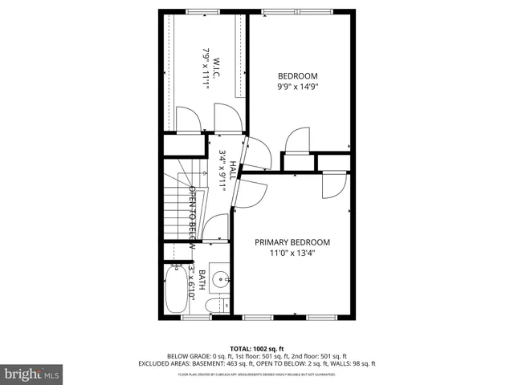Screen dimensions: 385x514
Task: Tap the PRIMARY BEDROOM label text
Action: (x=292, y=242)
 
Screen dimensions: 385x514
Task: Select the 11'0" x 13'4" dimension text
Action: (x=292, y=256)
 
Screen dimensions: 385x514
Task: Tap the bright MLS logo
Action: (x=32, y=374)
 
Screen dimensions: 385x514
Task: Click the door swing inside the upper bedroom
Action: (x=297, y=138)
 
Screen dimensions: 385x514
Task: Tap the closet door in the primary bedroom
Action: (x=332, y=186)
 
